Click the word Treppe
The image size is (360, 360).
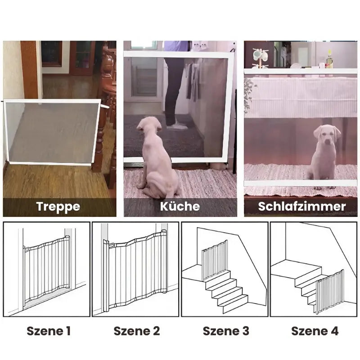click(x=58, y=207)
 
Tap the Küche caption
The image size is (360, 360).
click(x=180, y=206)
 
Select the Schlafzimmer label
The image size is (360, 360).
click(x=302, y=206)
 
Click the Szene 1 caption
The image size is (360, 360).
click(x=49, y=331)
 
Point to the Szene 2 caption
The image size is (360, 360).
click(x=137, y=331)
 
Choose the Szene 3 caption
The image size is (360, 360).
click(x=226, y=331)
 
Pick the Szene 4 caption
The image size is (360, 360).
click(x=315, y=331)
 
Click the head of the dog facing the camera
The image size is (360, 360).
click(x=327, y=135)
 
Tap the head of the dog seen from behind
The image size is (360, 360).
click(x=149, y=126)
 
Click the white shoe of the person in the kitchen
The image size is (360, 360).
click(x=177, y=126)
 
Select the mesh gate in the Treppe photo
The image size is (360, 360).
click(x=52, y=132)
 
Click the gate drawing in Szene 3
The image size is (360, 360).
click(x=215, y=260)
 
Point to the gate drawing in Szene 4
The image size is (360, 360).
click(x=330, y=291)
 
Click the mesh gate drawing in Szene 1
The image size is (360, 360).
click(x=47, y=270)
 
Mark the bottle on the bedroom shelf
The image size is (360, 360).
click(x=329, y=59)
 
